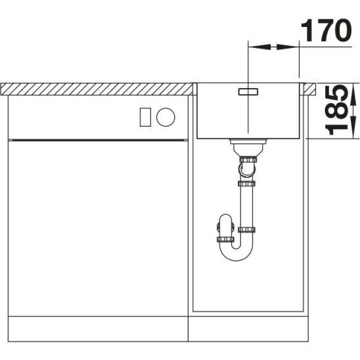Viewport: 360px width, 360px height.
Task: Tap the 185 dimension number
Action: (x=338, y=110)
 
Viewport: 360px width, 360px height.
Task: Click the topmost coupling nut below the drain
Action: (x=248, y=160)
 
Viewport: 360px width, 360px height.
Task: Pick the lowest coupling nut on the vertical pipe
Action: (x=248, y=229)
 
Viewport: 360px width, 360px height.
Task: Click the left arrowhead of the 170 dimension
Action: (x=253, y=47)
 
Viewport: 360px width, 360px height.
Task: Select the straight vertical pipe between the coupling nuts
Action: (x=248, y=204)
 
